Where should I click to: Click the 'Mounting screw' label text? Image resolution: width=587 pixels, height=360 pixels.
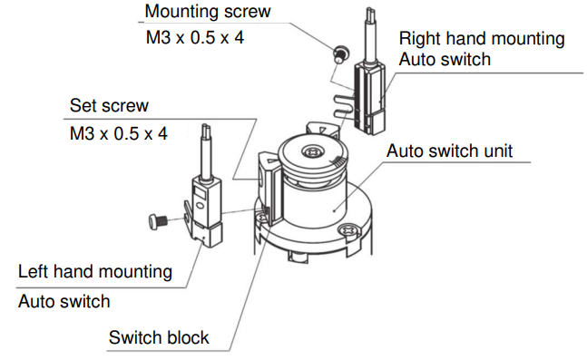click(x=208, y=12)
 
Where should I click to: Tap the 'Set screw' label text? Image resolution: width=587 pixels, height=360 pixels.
click(x=109, y=105)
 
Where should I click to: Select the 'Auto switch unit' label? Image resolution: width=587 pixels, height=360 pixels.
click(x=449, y=151)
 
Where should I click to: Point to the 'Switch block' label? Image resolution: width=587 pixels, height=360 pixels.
click(x=159, y=337)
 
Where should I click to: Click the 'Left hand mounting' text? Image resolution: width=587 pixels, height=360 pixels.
click(x=95, y=272)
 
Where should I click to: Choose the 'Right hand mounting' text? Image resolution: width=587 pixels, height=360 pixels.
click(x=482, y=39)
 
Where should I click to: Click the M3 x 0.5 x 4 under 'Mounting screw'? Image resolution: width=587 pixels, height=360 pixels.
click(x=195, y=37)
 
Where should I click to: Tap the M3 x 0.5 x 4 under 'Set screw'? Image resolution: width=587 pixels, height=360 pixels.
click(x=119, y=133)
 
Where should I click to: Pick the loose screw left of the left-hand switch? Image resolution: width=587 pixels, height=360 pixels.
click(x=157, y=221)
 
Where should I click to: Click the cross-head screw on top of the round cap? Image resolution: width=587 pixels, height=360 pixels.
click(x=312, y=152)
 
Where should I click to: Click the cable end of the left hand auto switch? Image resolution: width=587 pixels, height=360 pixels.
click(x=206, y=130)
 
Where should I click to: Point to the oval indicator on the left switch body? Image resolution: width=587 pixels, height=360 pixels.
click(x=200, y=207)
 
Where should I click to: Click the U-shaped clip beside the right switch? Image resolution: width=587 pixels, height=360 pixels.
click(x=343, y=105)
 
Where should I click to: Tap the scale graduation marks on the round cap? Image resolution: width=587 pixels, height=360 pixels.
click(x=338, y=161)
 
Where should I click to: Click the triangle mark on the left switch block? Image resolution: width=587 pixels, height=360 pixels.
click(x=270, y=161)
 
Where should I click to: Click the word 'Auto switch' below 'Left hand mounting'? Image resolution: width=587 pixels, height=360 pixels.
click(x=64, y=302)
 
